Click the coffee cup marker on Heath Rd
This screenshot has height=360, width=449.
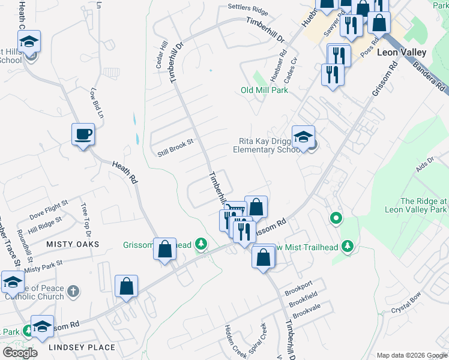pos(83,134)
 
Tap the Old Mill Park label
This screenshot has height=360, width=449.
pos(264,90)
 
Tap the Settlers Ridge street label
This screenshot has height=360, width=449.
pos(247,8)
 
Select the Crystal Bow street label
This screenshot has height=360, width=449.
pos(403,308)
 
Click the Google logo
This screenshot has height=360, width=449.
pos(20,352)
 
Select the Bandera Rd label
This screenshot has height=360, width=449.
pos(429,70)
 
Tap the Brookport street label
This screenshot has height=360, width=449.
pos(300,284)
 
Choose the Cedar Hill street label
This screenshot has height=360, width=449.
pos(162,54)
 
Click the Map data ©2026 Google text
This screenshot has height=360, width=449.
pos(411,355)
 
